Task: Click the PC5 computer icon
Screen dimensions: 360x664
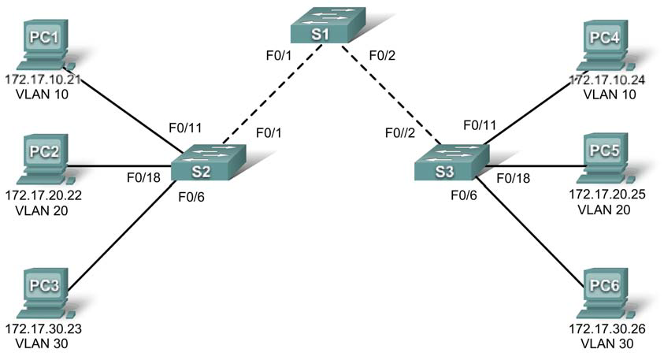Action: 606,158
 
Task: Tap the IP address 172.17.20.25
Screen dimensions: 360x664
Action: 607,194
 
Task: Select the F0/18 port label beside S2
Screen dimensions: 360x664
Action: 144,177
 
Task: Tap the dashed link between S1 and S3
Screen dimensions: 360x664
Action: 389,96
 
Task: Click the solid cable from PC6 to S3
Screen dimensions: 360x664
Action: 536,225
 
